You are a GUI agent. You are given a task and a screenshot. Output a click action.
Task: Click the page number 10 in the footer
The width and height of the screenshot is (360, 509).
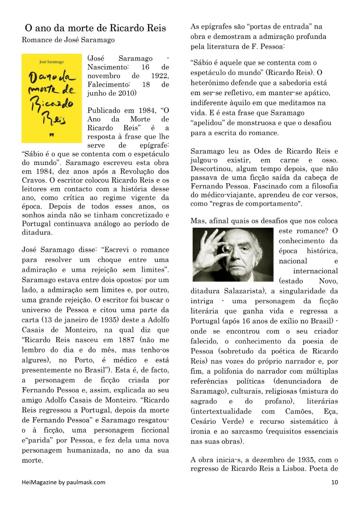334,482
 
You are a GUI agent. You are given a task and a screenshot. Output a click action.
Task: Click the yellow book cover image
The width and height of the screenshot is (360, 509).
52,98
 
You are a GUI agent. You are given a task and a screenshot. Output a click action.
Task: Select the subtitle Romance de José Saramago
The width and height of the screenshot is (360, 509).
68,40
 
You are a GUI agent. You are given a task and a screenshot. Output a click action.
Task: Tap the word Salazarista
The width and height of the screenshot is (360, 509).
243,291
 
